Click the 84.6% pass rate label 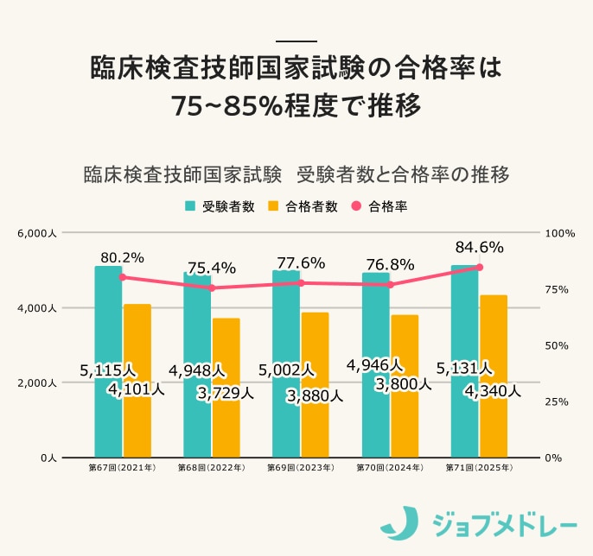coord(479,248)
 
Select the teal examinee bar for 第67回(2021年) coord(108,328)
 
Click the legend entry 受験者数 coord(220,206)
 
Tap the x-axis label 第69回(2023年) coord(300,468)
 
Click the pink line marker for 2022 coord(211,287)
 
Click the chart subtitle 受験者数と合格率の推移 coord(402,174)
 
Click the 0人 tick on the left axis coord(48,458)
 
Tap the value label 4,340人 coord(493,391)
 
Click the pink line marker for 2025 coord(479,268)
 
